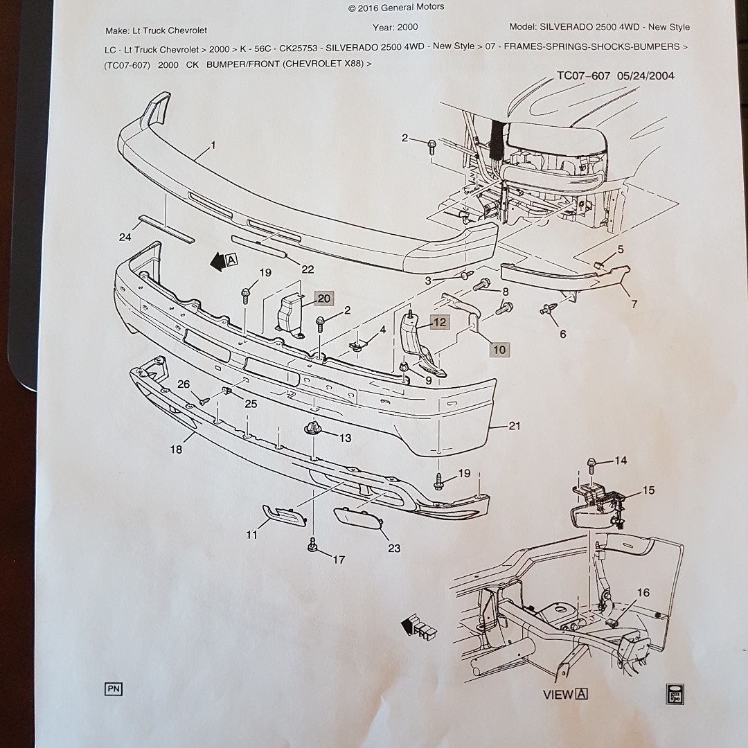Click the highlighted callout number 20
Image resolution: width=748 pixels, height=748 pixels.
coord(324,299)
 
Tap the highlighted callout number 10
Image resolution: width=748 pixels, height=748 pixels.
coord(499,349)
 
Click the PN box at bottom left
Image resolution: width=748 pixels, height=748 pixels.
coord(114,688)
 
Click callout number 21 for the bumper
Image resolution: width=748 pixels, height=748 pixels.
coord(514,426)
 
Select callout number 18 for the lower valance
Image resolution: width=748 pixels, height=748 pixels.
coord(176,449)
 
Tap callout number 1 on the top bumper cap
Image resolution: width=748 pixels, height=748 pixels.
coord(213,145)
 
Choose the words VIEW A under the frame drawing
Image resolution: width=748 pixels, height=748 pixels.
coord(565,694)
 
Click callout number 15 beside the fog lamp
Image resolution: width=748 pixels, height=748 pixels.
coord(648,490)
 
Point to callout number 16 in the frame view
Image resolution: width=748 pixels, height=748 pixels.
coord(643,593)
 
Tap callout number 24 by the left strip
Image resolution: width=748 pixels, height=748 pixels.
coord(125,238)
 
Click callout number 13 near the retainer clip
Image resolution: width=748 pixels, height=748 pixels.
coord(345,438)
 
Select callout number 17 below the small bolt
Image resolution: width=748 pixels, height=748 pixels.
coord(338,560)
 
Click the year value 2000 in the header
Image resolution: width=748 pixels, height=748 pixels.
coord(405,27)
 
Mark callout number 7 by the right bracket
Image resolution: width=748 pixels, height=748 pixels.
coord(634,304)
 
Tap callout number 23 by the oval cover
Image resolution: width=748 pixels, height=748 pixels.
coord(394,549)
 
